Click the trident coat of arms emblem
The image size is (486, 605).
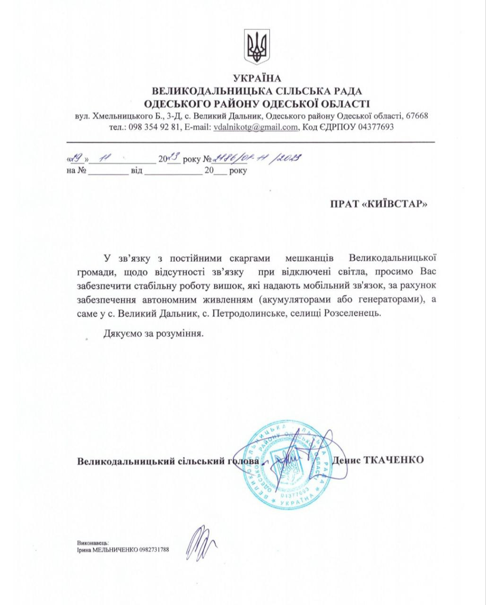[x=257, y=47]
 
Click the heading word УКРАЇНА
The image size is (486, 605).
[x=257, y=78]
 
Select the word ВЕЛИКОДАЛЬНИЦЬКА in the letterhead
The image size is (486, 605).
[x=202, y=91]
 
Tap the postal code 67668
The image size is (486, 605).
[x=417, y=116]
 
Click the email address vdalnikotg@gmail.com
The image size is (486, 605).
[x=255, y=127]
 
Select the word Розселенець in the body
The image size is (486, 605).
[x=351, y=313]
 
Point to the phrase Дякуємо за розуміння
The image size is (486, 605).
[x=154, y=334]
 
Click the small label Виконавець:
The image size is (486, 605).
[x=93, y=543]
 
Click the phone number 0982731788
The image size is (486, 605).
[x=154, y=550]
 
